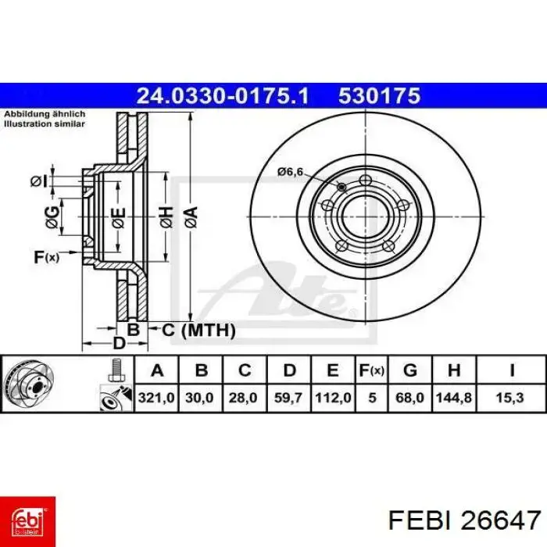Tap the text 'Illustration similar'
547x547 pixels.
point(45,123)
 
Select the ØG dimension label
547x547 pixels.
point(52,219)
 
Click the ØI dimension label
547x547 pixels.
point(40,181)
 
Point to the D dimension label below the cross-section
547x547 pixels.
point(119,344)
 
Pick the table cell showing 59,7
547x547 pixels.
point(289,398)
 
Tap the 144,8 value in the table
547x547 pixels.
point(453,398)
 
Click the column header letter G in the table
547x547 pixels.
point(409,370)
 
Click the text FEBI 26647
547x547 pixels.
point(464,519)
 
